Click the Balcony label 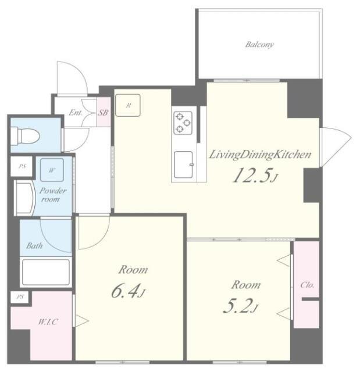click(259, 45)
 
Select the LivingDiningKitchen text click(260, 155)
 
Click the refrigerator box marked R click(128, 105)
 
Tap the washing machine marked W click(52, 170)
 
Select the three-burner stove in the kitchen click(183, 123)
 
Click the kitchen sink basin click(183, 164)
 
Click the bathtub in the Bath click(46, 272)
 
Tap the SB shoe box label click(103, 113)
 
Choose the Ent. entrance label click(76, 112)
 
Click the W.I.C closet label click(48, 322)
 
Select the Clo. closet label click(307, 285)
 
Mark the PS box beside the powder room click(22, 166)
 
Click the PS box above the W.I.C click(20, 297)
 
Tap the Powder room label click(52, 195)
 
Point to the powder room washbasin click(24, 198)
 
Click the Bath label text click(35, 245)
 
